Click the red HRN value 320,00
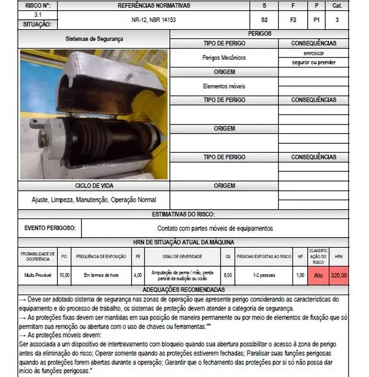coord(339,275)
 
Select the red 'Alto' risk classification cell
coord(318,275)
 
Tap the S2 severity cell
coord(264,20)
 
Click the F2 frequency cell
coord(293,20)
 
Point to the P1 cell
coord(316,20)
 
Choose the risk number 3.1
coord(38,15)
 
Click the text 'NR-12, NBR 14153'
coord(154,20)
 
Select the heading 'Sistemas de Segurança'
coord(94,39)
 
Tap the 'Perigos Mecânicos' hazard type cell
coord(224,58)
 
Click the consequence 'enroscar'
coord(313,53)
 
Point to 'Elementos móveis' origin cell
coord(224,86)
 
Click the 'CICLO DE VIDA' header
coord(94,185)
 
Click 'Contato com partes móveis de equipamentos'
coord(215,228)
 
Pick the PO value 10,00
coord(64,275)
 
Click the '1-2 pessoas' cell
coord(264,275)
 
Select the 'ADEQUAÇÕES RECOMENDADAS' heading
coord(183,290)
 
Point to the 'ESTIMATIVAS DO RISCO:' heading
coord(183,214)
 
